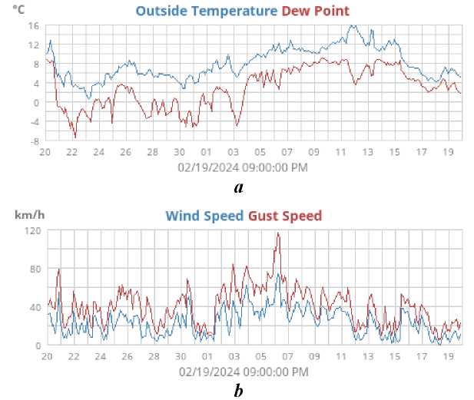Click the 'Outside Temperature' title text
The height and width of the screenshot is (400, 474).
[205, 11]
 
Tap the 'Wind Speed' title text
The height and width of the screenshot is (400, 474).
[205, 215]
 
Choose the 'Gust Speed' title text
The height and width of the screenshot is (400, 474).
[285, 215]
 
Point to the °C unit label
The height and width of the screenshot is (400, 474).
[19, 10]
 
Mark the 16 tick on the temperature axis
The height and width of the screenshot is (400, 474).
[33, 26]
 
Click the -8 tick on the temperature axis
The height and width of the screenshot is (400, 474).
[33, 141]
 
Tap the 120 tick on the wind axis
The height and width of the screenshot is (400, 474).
[31, 230]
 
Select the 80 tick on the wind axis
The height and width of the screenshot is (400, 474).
[33, 269]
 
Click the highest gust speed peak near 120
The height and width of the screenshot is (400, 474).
[278, 233]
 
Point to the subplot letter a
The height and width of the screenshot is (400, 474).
[239, 187]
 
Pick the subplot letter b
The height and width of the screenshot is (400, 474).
[239, 391]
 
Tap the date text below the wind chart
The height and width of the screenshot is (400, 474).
[243, 372]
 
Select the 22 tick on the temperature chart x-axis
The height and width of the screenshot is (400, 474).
[72, 152]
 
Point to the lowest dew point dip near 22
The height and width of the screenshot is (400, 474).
[75, 137]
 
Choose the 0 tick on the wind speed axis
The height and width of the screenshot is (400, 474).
[38, 345]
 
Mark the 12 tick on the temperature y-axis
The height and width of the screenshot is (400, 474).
[33, 45]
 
